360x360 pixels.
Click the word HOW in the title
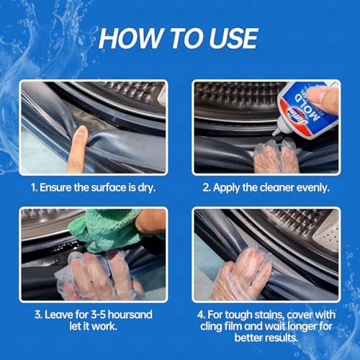pyautogui.click(x=130, y=38)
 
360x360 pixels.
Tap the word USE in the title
pyautogui.click(x=233, y=38)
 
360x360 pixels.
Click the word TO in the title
pyautogui.click(x=186, y=38)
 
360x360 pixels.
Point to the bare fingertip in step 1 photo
pyautogui.click(x=81, y=132)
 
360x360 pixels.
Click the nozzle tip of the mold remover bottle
pyautogui.click(x=274, y=132)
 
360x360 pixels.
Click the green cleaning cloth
pyautogui.click(x=107, y=231)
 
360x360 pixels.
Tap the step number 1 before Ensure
pyautogui.click(x=33, y=188)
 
